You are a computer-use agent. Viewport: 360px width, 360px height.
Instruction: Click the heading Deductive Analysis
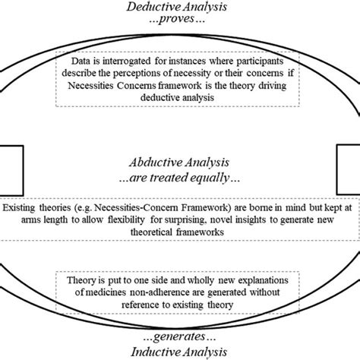177,7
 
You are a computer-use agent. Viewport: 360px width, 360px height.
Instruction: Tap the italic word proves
177,19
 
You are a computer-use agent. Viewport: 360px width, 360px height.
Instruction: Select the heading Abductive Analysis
179,163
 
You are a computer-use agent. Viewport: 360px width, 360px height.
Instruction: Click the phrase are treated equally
179,178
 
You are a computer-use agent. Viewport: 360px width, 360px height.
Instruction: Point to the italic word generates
179,337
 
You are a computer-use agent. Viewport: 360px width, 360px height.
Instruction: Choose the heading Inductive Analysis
179,352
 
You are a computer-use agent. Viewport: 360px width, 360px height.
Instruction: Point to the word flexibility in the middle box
126,219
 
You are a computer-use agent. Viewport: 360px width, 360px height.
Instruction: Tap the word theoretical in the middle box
151,232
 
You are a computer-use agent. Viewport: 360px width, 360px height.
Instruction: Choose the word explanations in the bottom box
264,280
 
